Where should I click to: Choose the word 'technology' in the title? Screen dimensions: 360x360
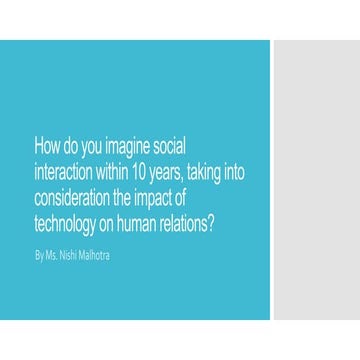click(67, 219)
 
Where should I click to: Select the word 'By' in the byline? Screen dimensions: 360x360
click(39, 256)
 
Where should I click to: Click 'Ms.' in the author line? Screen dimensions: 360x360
click(52, 256)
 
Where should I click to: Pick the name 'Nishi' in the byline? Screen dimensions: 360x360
click(70, 256)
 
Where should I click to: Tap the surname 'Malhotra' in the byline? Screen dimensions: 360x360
click(96, 256)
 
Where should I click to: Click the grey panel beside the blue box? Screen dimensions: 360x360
click(315, 180)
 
